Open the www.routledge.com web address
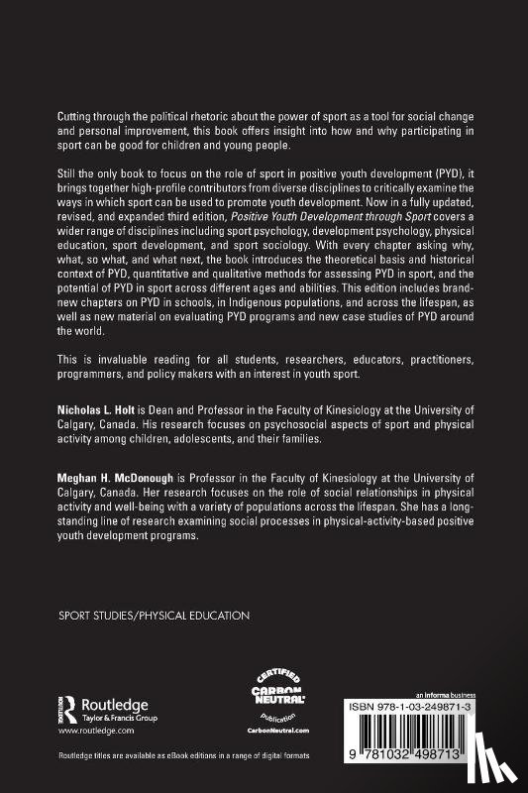click(94, 730)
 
